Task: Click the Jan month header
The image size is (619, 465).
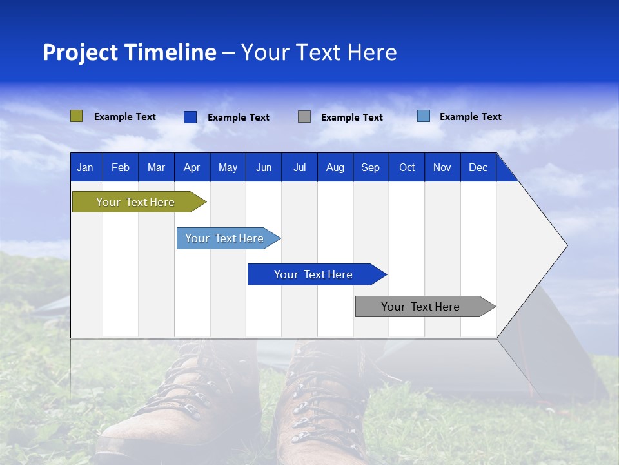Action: (x=86, y=167)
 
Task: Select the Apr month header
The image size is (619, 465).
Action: (x=192, y=167)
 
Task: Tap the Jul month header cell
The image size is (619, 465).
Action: (x=299, y=167)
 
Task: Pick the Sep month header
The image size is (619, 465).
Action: (x=371, y=167)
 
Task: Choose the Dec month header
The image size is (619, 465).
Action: (x=478, y=167)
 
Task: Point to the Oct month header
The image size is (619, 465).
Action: (x=407, y=167)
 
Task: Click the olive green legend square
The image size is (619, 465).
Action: (x=76, y=116)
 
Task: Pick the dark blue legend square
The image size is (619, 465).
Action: (x=190, y=117)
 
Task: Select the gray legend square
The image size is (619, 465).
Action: (x=304, y=117)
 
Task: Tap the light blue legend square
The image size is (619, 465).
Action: (x=424, y=116)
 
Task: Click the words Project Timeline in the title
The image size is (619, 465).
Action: (x=129, y=52)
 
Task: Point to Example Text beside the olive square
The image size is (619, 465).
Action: (x=125, y=117)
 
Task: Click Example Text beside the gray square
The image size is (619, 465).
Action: (x=352, y=118)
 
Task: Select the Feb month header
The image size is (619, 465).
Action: (x=121, y=167)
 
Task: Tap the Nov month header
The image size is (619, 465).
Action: (x=442, y=167)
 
